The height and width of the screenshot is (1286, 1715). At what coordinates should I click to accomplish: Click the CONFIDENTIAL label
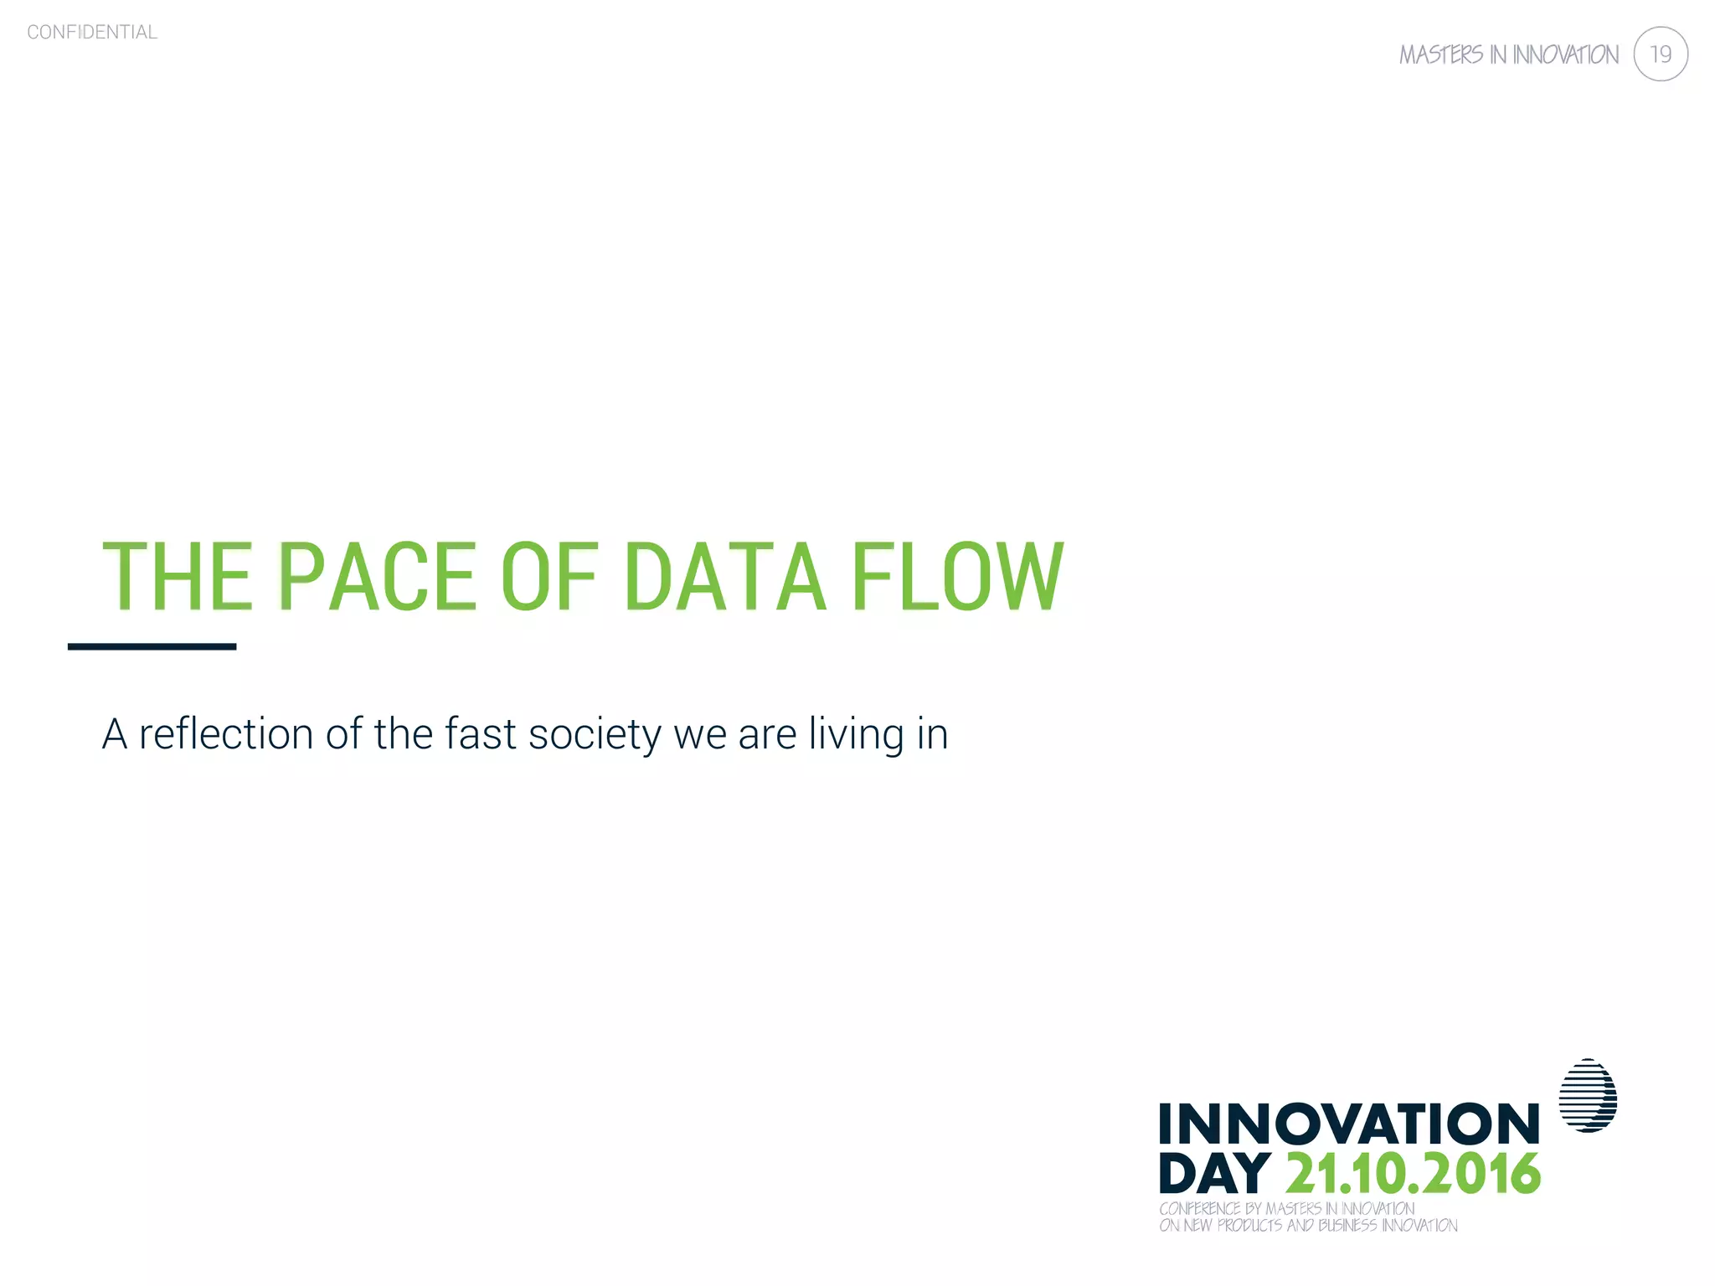[92, 32]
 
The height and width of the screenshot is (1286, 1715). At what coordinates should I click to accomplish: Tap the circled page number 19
[1660, 54]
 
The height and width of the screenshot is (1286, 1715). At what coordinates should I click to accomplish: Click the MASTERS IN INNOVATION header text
[1508, 55]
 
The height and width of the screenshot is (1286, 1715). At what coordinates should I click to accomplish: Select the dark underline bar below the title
[152, 646]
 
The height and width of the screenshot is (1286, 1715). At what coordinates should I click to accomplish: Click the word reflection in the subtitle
[225, 733]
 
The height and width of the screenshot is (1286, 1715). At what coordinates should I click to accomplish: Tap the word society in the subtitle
[595, 733]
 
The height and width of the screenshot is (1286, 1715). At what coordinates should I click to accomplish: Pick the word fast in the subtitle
[480, 733]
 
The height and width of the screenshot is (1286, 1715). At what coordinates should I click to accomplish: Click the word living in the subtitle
[857, 733]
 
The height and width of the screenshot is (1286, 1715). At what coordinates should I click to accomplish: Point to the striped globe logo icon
[1588, 1096]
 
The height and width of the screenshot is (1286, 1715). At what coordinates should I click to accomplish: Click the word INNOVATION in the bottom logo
[1349, 1124]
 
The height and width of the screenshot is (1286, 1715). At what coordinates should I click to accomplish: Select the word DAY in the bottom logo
[1214, 1174]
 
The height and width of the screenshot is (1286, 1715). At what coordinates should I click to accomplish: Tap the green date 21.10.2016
[1413, 1174]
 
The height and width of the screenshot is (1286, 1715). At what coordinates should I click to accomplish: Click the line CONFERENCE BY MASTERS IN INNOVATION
[1286, 1208]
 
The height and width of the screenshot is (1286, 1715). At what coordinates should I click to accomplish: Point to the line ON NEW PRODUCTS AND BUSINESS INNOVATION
[1308, 1226]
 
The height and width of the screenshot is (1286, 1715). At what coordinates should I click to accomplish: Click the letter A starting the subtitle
[115, 733]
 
